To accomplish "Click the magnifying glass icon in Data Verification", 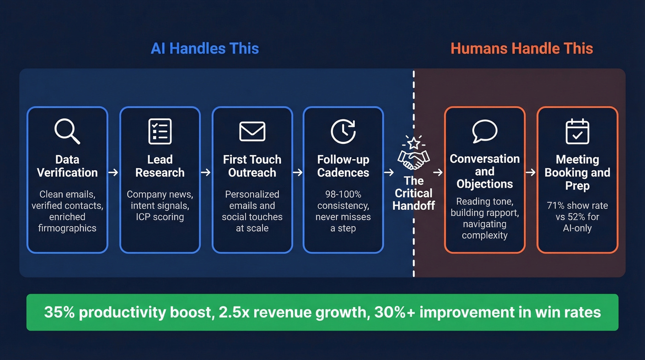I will [x=67, y=131].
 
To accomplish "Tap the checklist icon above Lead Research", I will [x=160, y=131].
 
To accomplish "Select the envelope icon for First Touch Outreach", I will [x=252, y=131].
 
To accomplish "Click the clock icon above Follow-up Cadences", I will [x=343, y=131].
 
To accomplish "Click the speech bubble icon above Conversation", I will [x=485, y=131].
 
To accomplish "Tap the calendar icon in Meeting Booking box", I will [x=577, y=131].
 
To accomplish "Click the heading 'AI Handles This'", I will [x=205, y=48].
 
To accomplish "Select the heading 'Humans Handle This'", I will [x=522, y=48].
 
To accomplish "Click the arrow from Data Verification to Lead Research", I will [x=113, y=172].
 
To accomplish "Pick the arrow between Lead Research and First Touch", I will [x=206, y=172].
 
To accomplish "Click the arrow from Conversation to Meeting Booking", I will [x=531, y=172].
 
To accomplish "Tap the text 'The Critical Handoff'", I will [x=413, y=193].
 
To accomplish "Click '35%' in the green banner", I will [x=59, y=312].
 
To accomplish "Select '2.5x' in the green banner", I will [x=234, y=312].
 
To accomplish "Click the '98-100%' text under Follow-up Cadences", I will [x=343, y=194].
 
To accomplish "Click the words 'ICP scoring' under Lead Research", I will [x=160, y=217].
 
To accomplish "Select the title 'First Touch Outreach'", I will [x=252, y=166].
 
